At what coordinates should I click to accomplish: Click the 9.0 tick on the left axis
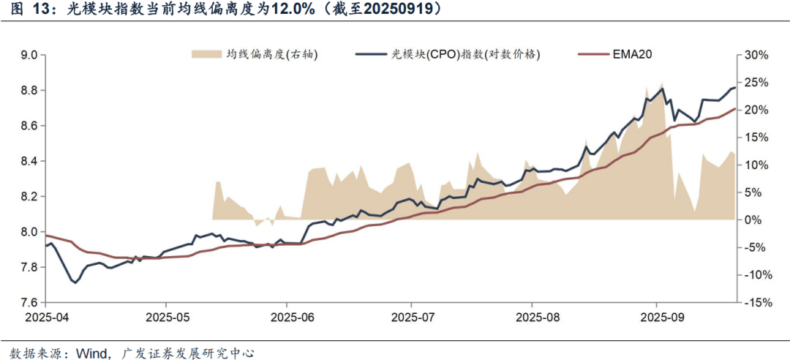point(29,55)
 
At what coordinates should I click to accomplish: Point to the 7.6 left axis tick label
point(29,302)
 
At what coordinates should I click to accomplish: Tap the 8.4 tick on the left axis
point(29,161)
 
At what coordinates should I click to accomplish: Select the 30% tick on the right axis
point(755,55)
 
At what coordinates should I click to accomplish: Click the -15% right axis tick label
point(753,302)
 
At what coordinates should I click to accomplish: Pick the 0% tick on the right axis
point(752,220)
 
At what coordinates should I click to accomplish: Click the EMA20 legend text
point(633,54)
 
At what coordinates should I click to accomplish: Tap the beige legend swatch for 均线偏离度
point(206,54)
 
